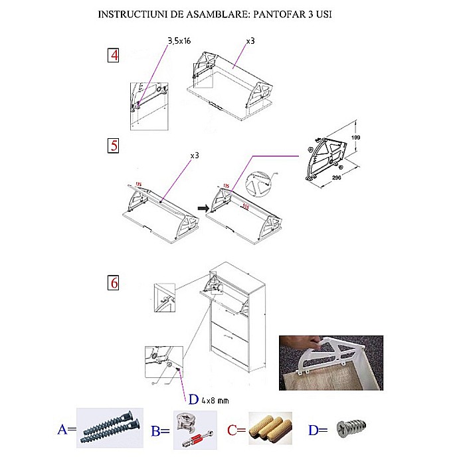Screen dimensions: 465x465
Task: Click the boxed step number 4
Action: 114,55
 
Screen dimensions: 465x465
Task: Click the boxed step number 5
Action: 114,145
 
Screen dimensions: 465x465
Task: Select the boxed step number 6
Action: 114,282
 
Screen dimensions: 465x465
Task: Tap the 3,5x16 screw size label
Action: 178,41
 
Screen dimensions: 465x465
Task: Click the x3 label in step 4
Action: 250,41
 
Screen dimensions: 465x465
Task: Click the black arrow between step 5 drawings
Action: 204,209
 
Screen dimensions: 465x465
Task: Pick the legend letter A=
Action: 67,430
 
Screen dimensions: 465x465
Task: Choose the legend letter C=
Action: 236,430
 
